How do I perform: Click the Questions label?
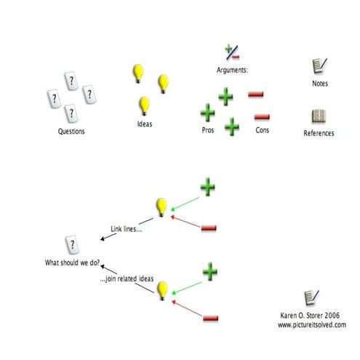click(71, 132)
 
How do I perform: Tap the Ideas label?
click(145, 124)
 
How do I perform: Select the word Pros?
click(207, 129)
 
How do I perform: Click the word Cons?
click(263, 129)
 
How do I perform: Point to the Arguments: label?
click(233, 71)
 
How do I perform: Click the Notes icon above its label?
click(319, 66)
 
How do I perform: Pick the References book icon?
click(319, 116)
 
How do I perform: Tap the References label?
click(319, 133)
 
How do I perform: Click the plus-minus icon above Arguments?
click(233, 52)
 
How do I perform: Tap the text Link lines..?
click(127, 228)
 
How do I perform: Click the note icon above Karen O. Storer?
click(311, 298)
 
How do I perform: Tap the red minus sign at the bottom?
click(211, 318)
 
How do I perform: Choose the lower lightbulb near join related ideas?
click(163, 289)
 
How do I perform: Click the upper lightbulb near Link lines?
click(161, 207)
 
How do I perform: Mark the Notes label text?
click(320, 84)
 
